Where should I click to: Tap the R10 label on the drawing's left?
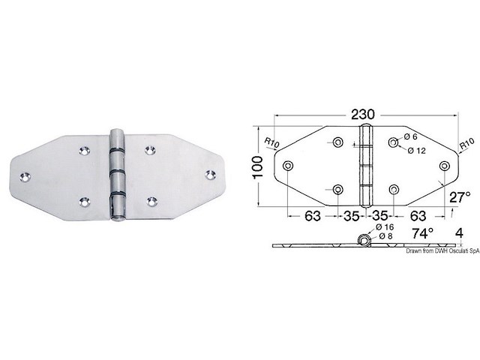coord(271,139)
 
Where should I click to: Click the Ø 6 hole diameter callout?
coord(412,136)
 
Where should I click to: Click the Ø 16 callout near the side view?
coord(385,226)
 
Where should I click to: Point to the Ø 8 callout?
coord(385,236)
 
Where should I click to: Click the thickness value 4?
coord(457,233)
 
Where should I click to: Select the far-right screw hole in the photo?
coord(209,174)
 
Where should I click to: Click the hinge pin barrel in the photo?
coord(117,175)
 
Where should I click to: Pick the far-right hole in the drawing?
coord(445,166)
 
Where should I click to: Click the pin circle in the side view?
coord(364,241)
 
